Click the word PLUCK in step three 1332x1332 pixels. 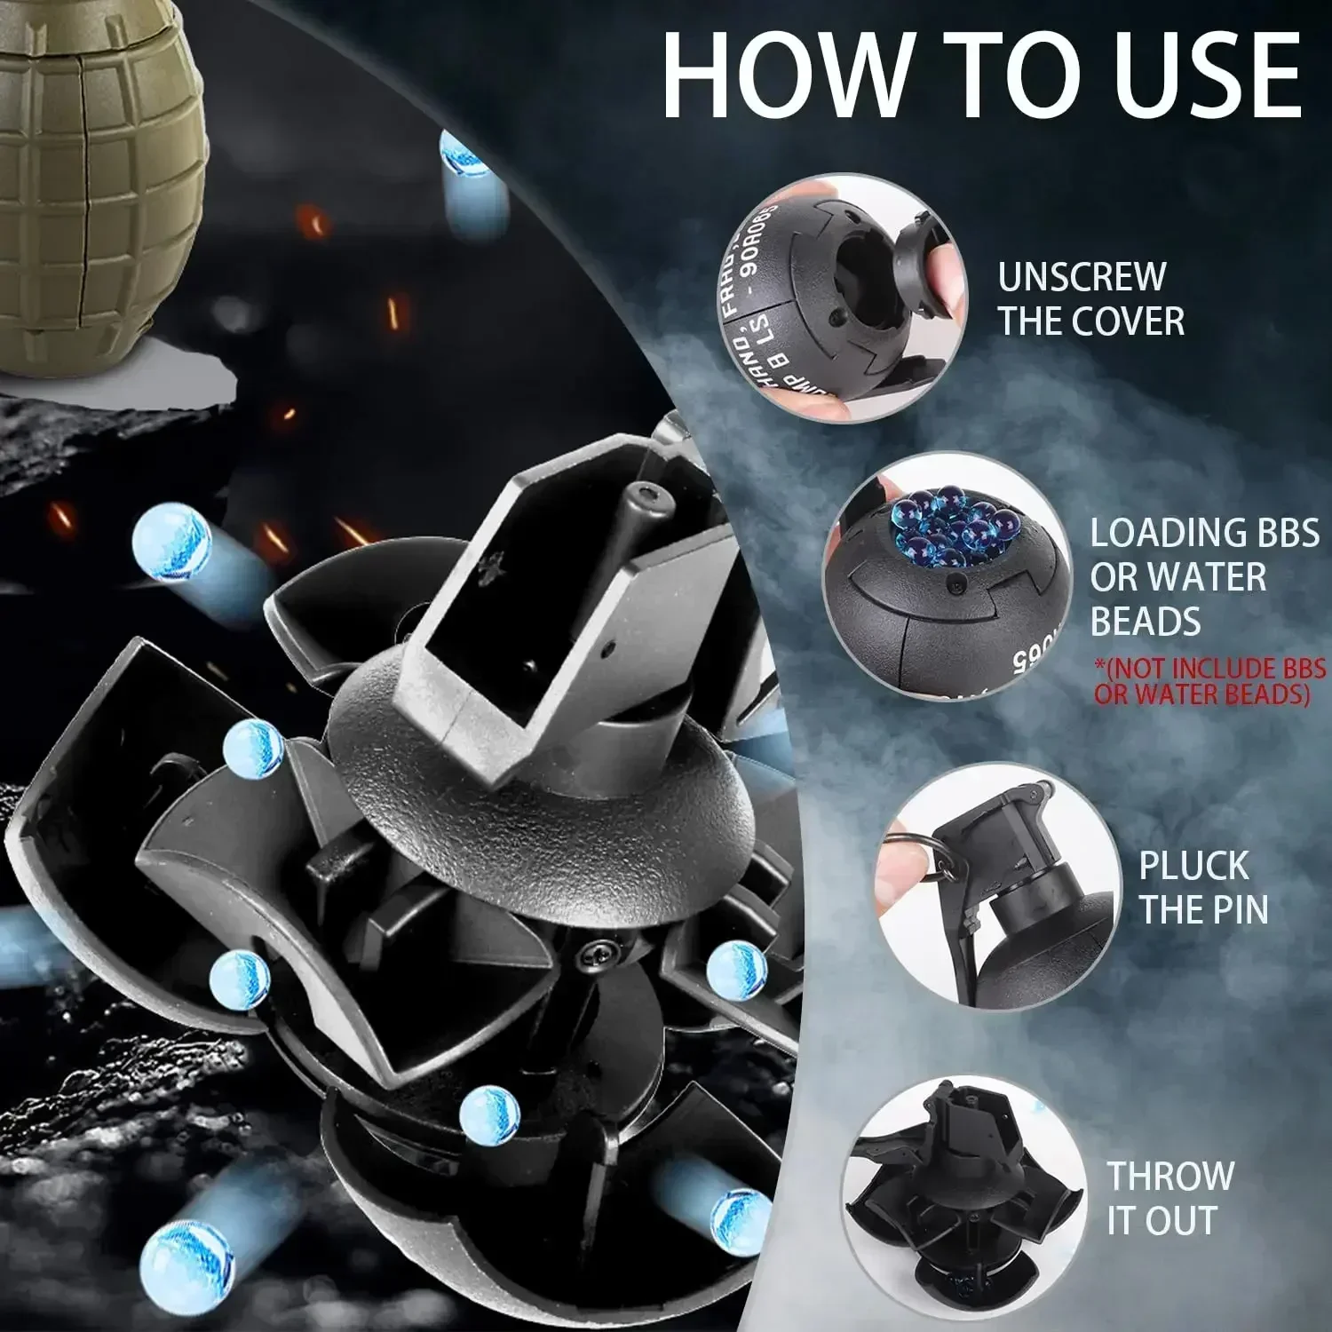(1193, 866)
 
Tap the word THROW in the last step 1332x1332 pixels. (1169, 1177)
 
